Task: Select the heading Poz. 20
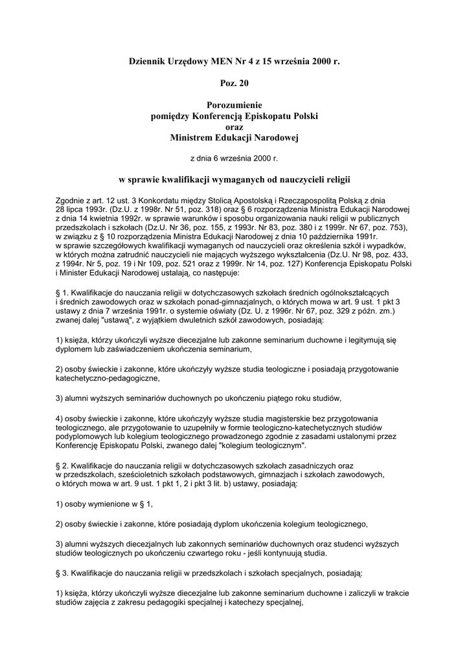pos(234,83)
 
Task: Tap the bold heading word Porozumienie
pos(234,105)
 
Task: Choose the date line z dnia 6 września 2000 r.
pos(234,158)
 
